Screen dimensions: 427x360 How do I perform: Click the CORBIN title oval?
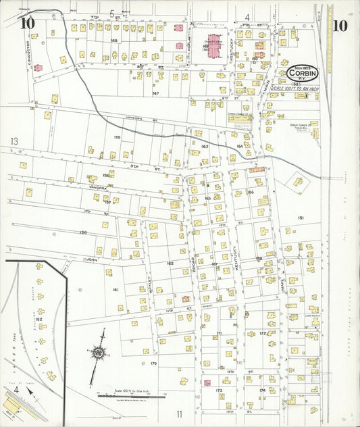[307, 72]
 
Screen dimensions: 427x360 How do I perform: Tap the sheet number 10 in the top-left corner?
[28, 24]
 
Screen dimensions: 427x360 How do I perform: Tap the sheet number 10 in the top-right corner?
[340, 26]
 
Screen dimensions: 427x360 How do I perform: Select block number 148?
[115, 41]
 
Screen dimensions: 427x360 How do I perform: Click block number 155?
[117, 137]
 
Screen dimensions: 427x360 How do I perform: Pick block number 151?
[301, 218]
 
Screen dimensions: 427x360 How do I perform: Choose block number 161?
[115, 289]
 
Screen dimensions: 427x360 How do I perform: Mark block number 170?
[153, 363]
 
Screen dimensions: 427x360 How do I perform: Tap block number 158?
[83, 232]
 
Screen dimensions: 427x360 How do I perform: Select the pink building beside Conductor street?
[38, 68]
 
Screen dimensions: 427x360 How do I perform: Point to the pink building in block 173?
[207, 382]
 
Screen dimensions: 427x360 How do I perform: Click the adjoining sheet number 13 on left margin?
[14, 142]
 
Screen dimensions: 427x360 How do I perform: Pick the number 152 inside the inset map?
[38, 320]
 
